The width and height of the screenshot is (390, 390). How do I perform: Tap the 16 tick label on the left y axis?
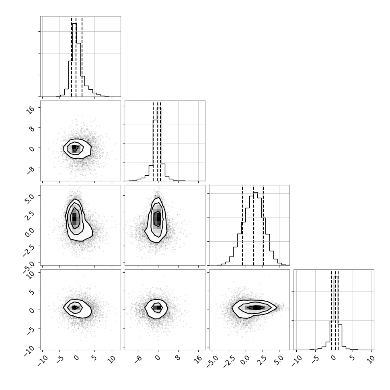pos(31,110)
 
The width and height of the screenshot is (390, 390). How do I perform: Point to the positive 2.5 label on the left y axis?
pos(29,215)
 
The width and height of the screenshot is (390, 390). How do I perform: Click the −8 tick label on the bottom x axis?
pos(138,359)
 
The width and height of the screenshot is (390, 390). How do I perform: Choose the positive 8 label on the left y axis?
pos(31,129)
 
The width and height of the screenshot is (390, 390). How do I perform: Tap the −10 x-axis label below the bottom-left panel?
pos(42,361)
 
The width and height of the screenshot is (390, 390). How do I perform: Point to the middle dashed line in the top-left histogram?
pos(76,56)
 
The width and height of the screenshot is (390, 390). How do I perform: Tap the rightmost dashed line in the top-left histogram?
pos(82,56)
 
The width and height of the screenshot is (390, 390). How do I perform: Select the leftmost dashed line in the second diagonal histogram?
pos(153,141)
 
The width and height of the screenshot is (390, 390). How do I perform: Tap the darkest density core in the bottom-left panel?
pos(74,308)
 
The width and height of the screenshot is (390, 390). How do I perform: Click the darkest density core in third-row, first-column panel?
pos(74,218)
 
